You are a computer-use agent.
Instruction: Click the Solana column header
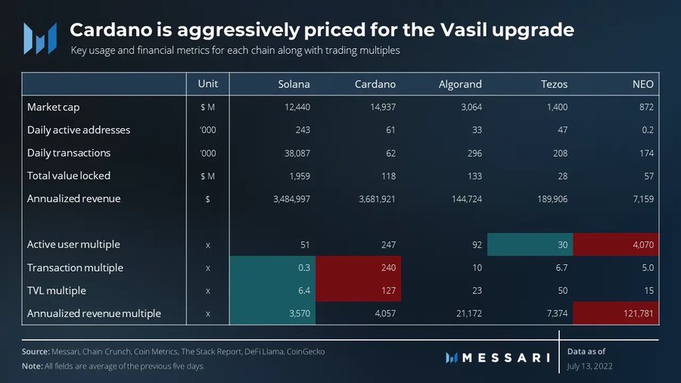pyautogui.click(x=294, y=84)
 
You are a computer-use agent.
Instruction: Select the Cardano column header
pyautogui.click(x=375, y=84)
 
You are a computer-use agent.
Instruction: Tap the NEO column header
pyautogui.click(x=644, y=84)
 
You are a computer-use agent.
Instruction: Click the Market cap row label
pyautogui.click(x=54, y=107)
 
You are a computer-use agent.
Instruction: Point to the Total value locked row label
pyautogui.click(x=69, y=176)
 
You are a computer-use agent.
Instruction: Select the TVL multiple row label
pyautogui.click(x=57, y=291)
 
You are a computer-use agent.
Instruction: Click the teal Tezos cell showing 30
pyautogui.click(x=530, y=244)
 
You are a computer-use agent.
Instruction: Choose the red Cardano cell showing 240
pyautogui.click(x=358, y=268)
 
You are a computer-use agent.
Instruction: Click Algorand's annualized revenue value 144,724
pyautogui.click(x=464, y=199)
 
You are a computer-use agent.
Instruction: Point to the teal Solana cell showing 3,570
pyautogui.click(x=272, y=313)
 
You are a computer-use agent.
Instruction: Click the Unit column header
pyautogui.click(x=208, y=84)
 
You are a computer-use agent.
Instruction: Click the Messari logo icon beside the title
pyautogui.click(x=40, y=36)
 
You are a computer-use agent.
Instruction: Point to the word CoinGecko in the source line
pyautogui.click(x=308, y=352)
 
